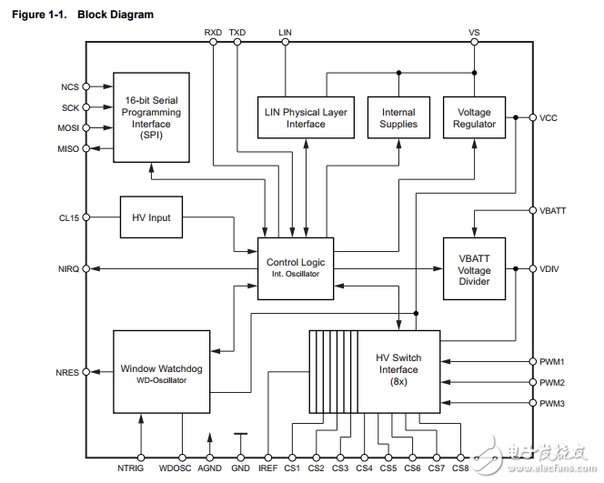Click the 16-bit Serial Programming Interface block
(x=152, y=117)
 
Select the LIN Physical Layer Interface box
(x=306, y=117)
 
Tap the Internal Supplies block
(x=398, y=117)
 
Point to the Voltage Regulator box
(x=474, y=117)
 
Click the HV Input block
(x=152, y=218)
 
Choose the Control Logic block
(x=296, y=267)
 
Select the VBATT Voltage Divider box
(x=474, y=270)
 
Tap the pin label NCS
(x=70, y=87)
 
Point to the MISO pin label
(x=69, y=148)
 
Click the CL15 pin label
(x=70, y=218)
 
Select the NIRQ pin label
(x=69, y=269)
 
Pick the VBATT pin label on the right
(x=554, y=211)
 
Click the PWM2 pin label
(x=552, y=383)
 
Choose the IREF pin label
(x=267, y=468)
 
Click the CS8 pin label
(x=460, y=468)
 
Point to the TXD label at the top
(x=237, y=32)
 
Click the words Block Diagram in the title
(x=116, y=15)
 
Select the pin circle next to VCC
(x=531, y=117)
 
